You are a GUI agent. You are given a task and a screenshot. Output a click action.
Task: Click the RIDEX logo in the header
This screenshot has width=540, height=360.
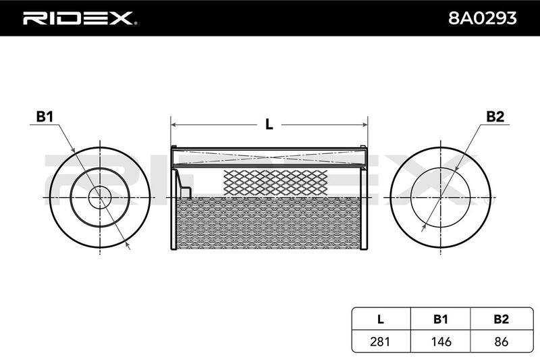point(80,18)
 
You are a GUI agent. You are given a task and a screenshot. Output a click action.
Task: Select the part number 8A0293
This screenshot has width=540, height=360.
point(482,18)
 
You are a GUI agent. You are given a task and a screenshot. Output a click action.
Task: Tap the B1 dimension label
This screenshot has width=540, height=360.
point(45,117)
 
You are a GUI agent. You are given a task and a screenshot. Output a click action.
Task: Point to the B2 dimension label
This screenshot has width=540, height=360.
point(495,117)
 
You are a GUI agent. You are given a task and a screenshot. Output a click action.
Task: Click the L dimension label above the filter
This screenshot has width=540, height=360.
point(269,124)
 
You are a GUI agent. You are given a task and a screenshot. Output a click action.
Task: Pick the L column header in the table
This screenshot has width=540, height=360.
point(381,319)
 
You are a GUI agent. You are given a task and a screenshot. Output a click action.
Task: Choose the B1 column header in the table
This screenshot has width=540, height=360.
point(441,319)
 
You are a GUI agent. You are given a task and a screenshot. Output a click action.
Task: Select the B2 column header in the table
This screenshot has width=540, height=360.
point(501,319)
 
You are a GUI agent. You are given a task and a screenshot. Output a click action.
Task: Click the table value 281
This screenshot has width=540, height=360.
point(380,341)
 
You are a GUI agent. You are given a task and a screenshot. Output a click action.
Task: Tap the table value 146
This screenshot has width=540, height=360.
point(441,341)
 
